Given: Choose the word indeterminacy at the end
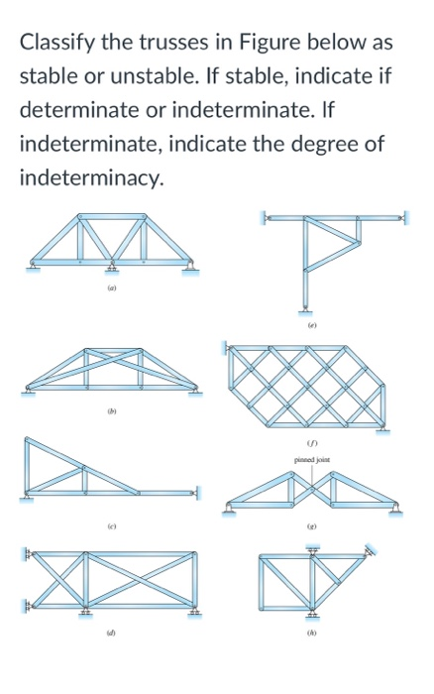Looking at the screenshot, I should (x=89, y=180).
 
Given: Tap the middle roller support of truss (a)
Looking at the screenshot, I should (x=112, y=267).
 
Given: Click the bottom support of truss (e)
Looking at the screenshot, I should (x=306, y=311).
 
